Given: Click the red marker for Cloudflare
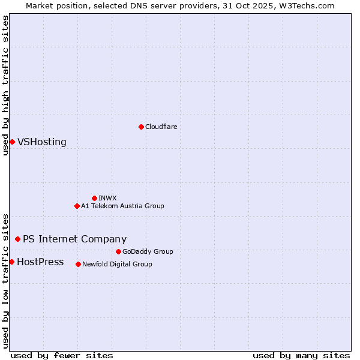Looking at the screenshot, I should tap(141, 127).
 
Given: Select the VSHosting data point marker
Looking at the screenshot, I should tap(12, 142).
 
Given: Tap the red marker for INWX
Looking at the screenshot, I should tap(94, 198).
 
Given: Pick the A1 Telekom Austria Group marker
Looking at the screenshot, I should tap(77, 206).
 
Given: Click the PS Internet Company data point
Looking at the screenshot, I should tap(17, 239).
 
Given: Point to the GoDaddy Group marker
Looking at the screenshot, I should tap(118, 251).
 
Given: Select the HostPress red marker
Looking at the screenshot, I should tap(11, 262).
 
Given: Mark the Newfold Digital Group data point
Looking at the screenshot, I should tap(78, 264).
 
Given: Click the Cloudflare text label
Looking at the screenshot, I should tap(161, 127).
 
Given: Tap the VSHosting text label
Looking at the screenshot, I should tap(42, 142).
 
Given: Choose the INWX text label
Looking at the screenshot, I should tap(107, 198).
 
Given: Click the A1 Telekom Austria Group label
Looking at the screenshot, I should tap(122, 206).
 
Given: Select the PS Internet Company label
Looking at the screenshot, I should tap(74, 239).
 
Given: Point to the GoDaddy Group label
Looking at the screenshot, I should tap(148, 251).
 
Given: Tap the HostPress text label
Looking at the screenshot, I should tap(40, 262).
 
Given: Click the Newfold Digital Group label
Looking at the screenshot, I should tap(117, 264).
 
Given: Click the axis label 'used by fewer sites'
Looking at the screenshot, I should tap(62, 355).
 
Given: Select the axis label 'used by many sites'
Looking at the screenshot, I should tap(301, 355).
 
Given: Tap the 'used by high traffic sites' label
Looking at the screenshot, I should tap(6, 85).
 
